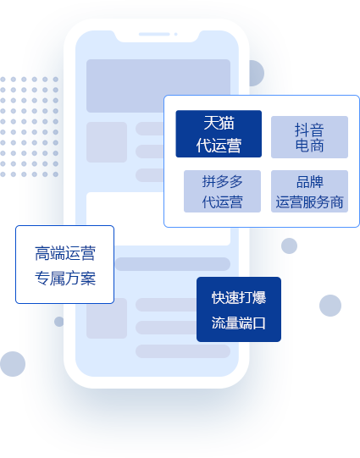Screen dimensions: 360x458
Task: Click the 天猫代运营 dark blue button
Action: (219, 134)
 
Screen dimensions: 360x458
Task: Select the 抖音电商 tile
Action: (309, 137)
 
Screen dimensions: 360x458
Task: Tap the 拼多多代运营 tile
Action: (222, 191)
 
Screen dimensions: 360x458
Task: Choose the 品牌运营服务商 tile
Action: (309, 191)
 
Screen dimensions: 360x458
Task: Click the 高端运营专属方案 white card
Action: (64, 265)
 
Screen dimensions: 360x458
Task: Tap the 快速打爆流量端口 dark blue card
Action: (239, 309)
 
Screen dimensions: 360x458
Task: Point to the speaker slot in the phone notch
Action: (154, 34)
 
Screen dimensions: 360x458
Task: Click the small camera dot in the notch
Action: (176, 34)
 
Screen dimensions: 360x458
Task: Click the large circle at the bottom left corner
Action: (13, 364)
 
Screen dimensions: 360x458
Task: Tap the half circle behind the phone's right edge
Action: (257, 73)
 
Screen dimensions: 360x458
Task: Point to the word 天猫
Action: (219, 123)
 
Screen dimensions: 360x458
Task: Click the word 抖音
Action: (309, 130)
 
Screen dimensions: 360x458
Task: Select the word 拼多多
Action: (223, 181)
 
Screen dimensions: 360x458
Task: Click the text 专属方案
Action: (65, 278)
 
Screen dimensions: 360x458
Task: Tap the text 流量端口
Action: (239, 323)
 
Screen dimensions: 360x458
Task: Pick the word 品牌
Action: (310, 182)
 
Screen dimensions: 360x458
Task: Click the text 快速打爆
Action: (239, 298)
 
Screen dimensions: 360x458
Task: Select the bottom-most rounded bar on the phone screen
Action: (183, 351)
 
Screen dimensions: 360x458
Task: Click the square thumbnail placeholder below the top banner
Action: (107, 142)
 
